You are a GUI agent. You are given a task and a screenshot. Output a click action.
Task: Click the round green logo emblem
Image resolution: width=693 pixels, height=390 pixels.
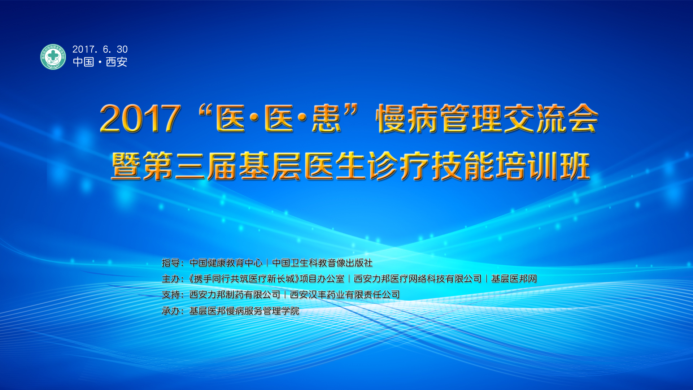[x=53, y=57]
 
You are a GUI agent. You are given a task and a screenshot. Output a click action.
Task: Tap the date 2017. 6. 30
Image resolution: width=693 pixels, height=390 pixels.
[x=100, y=49]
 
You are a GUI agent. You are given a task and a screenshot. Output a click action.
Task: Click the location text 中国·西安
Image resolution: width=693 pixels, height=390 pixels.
[x=100, y=62]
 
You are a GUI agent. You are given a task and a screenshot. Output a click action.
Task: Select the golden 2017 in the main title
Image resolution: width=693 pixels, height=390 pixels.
[x=140, y=118]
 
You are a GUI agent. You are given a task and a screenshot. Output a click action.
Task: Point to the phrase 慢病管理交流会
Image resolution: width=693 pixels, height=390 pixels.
[x=487, y=118]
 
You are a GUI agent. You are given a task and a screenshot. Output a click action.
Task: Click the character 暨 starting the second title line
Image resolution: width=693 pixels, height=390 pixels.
[x=126, y=166]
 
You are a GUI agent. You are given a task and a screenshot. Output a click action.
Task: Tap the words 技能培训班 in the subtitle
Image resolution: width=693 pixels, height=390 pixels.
[x=511, y=166]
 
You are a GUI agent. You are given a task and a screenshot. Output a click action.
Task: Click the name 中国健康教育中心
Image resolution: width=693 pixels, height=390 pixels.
[x=226, y=263]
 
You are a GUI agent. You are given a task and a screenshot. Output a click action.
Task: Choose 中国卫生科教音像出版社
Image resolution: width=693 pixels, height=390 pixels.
[x=322, y=263]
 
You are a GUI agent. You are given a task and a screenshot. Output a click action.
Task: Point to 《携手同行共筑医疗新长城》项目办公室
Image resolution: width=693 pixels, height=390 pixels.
[x=266, y=279]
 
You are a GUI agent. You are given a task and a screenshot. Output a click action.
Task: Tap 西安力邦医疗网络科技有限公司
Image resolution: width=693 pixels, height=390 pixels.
[x=418, y=279]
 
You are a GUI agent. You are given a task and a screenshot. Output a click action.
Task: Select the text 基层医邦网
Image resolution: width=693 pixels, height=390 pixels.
[x=514, y=279]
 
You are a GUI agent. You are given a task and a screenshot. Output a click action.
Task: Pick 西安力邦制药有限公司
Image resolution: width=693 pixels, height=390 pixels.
[x=235, y=295]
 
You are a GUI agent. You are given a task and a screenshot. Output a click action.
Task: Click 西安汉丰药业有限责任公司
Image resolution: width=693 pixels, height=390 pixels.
[x=345, y=295]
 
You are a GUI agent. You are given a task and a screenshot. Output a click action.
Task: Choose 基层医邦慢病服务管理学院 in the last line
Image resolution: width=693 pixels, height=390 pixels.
[x=244, y=311]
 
